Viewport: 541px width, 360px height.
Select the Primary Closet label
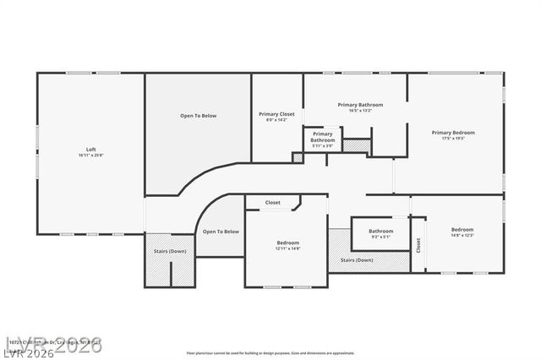(x=276, y=113)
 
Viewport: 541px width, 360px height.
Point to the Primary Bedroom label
(x=453, y=132)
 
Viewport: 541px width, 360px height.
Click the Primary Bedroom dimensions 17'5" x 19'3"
(x=453, y=139)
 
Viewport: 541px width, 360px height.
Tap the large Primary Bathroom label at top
(x=360, y=105)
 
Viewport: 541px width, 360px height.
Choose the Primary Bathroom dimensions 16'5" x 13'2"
(x=360, y=111)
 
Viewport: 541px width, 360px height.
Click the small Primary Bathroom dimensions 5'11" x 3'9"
(x=322, y=146)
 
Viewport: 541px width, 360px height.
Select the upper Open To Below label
(x=198, y=116)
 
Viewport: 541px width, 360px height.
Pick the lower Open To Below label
(x=220, y=232)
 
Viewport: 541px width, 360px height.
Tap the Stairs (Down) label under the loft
(x=170, y=252)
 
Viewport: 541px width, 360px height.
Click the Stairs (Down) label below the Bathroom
(x=356, y=260)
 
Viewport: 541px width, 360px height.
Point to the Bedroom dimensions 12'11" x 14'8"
(x=287, y=249)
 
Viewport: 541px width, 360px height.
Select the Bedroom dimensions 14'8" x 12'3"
(x=462, y=235)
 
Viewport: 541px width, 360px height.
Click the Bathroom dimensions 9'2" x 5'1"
(x=380, y=237)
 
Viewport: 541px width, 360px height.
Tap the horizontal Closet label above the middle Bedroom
(x=273, y=203)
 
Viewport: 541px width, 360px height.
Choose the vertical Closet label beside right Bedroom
(x=418, y=245)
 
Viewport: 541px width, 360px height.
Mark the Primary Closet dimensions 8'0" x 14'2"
(x=276, y=120)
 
